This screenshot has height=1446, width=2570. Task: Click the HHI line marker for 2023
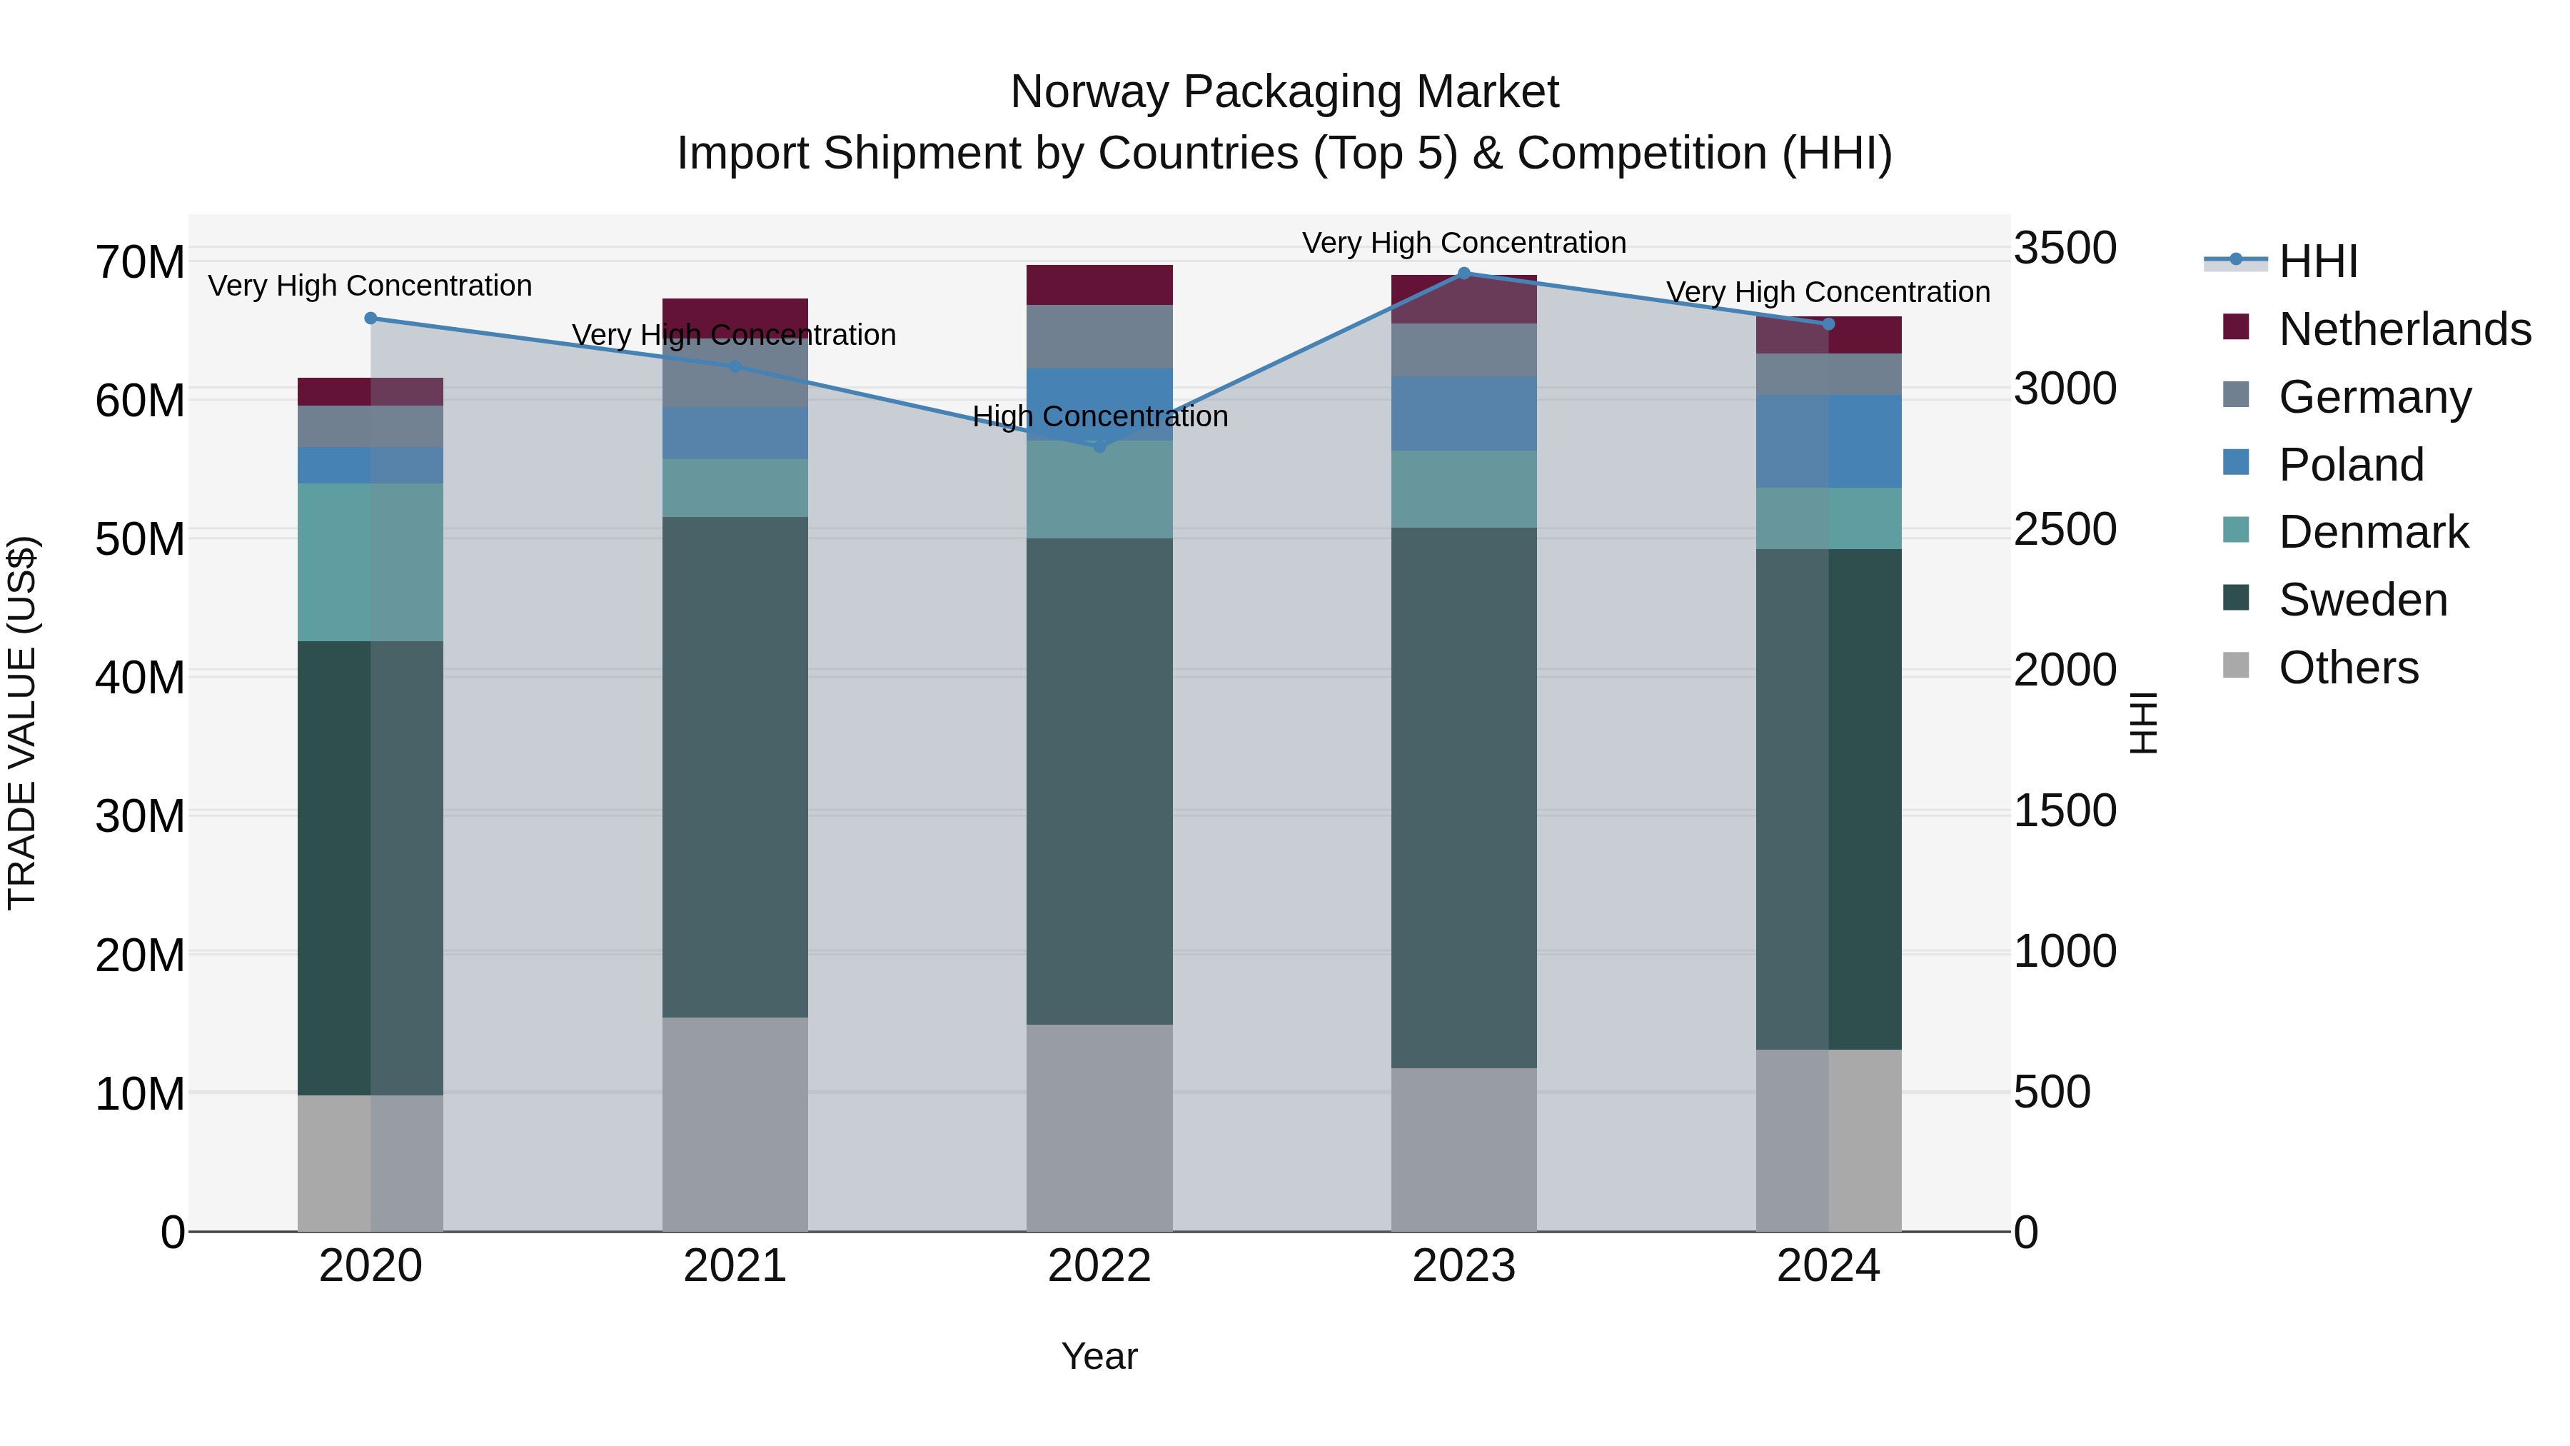[1463, 273]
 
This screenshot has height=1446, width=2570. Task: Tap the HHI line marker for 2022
[1099, 447]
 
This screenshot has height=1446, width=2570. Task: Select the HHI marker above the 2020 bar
[370, 318]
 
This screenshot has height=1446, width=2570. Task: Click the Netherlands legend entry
[2404, 329]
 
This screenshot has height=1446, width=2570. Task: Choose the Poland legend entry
[2351, 465]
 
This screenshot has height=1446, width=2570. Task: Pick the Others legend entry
[2349, 668]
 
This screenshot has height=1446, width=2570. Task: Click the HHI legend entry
[2317, 261]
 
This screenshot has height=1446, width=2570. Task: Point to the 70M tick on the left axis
[140, 263]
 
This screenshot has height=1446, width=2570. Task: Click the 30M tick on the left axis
[140, 816]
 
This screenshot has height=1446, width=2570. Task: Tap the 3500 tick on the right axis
[2064, 248]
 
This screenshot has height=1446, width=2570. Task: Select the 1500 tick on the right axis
[2064, 810]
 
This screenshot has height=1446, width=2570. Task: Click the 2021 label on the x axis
[735, 1266]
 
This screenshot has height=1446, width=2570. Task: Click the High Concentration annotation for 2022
[1099, 416]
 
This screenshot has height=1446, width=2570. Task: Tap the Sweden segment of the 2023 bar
[1463, 798]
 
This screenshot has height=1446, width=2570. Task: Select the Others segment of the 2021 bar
[735, 1125]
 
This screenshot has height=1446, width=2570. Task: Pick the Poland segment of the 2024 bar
[1828, 441]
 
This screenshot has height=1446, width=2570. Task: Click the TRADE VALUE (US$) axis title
[22, 723]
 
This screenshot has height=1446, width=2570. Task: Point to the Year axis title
[1099, 1356]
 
